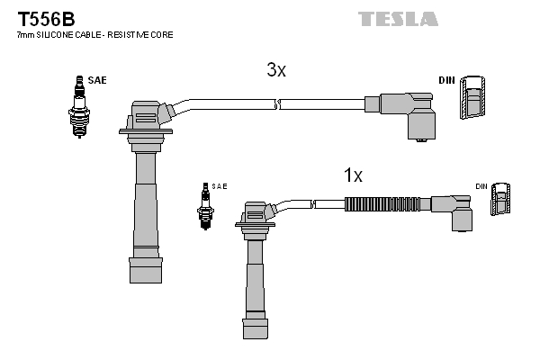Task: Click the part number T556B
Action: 46,19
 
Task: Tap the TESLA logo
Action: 398,19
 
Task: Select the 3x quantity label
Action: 276,70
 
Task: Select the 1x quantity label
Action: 353,175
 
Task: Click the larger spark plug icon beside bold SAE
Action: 79,107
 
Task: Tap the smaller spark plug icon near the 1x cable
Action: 205,206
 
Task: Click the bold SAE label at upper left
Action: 97,80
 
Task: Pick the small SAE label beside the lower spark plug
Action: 220,186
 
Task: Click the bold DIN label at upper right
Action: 446,80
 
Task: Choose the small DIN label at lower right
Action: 481,186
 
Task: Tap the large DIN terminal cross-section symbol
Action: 472,97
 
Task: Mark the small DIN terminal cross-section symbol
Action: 500,199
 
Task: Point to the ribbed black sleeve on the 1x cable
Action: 382,204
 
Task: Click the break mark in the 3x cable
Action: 277,104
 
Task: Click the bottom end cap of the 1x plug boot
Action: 256,328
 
